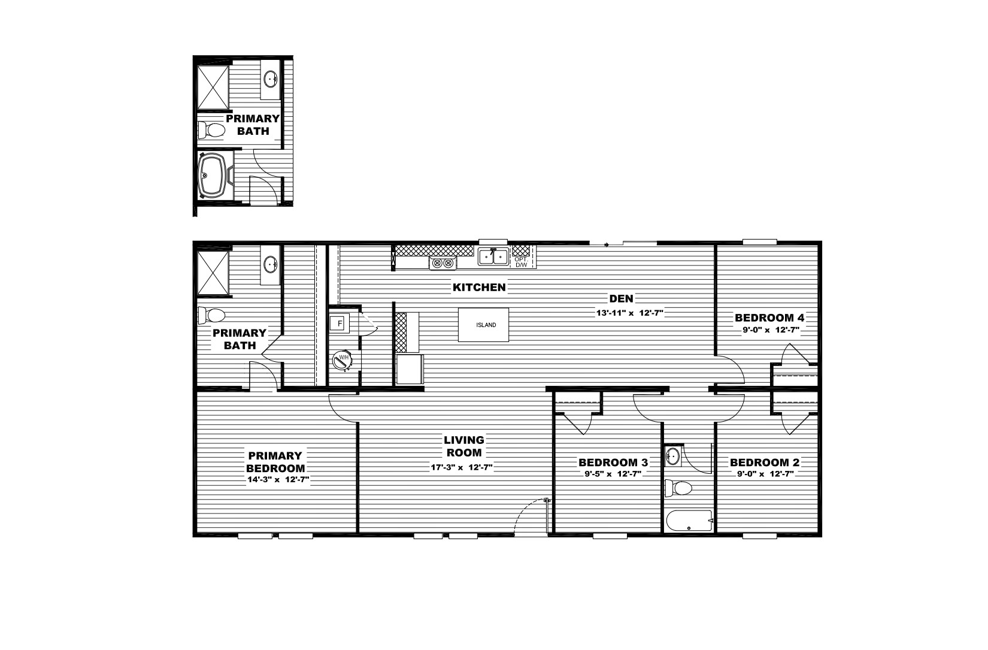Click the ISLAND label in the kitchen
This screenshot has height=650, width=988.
click(486, 325)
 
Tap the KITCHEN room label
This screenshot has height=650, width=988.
click(479, 288)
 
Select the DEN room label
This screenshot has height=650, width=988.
click(621, 299)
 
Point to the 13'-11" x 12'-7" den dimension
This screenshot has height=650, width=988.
click(629, 313)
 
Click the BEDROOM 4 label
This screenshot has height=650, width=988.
click(769, 318)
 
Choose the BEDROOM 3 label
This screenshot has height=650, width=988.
click(613, 462)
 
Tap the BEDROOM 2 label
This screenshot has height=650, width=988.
click(765, 462)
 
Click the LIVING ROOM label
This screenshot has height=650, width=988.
click(464, 446)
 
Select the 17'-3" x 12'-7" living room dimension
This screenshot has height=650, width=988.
click(461, 468)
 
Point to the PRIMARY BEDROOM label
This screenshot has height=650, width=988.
click(275, 462)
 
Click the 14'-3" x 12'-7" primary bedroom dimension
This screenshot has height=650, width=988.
click(278, 480)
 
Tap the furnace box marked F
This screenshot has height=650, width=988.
click(340, 324)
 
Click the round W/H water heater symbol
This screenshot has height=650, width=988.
click(343, 361)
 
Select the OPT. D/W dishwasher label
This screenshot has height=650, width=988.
click(521, 262)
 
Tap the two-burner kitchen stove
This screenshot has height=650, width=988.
click(443, 264)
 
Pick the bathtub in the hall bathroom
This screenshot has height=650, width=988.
click(689, 521)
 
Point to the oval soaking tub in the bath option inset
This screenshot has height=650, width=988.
click(214, 175)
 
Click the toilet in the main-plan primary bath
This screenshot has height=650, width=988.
click(211, 316)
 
